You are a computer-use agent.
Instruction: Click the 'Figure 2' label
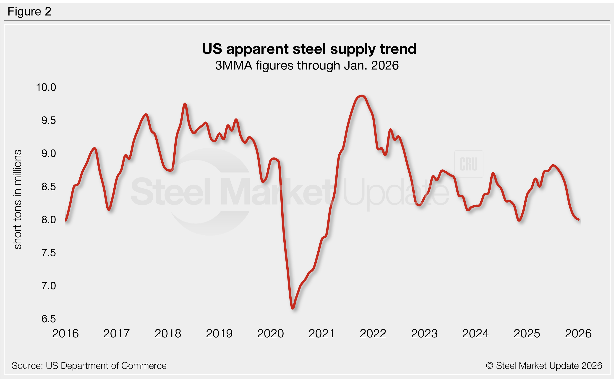[29, 12]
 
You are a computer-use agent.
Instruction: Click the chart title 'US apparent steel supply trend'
[309, 49]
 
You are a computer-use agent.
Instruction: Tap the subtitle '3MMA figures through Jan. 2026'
[307, 65]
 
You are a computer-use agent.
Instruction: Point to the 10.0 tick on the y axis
[46, 87]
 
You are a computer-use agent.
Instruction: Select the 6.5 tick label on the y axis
[48, 319]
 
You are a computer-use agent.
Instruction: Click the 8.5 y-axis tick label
[48, 186]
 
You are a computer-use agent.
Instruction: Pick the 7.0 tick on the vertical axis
[48, 286]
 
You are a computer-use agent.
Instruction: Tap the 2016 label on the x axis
[65, 334]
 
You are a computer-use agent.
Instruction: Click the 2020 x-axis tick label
[270, 334]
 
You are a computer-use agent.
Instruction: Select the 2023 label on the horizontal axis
[424, 334]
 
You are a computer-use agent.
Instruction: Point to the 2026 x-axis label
[578, 334]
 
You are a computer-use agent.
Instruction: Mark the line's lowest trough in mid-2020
[293, 308]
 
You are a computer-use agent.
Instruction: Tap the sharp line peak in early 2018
[185, 104]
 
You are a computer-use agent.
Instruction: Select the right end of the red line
[578, 219]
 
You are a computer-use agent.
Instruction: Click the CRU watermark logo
[468, 164]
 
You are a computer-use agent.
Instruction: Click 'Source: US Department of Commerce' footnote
[89, 366]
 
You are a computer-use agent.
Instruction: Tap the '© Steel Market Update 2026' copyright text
[544, 366]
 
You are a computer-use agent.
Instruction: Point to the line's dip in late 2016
[109, 209]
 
